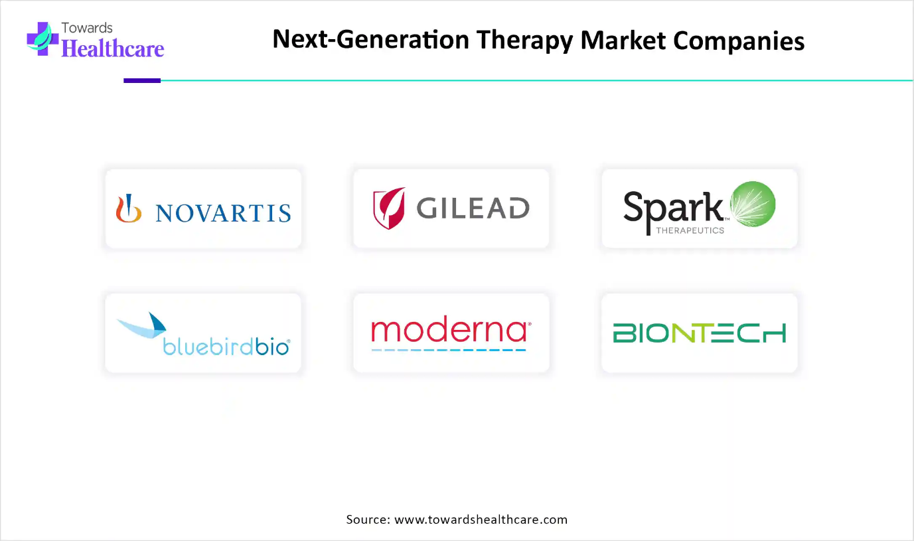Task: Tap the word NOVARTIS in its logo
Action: (x=223, y=213)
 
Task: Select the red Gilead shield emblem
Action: (x=389, y=208)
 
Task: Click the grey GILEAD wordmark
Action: (x=473, y=208)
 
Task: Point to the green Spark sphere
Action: (x=753, y=204)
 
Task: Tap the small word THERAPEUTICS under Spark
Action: (x=690, y=230)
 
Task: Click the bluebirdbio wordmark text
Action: (x=226, y=347)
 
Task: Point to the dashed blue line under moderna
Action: (x=449, y=350)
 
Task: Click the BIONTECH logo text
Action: (x=700, y=333)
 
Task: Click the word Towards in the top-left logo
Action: (x=87, y=28)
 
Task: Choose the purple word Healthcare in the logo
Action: (x=113, y=48)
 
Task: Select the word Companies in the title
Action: (x=739, y=40)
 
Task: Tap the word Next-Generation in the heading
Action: (x=370, y=39)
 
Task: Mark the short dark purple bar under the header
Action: (x=142, y=81)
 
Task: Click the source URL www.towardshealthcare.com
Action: (x=481, y=519)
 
